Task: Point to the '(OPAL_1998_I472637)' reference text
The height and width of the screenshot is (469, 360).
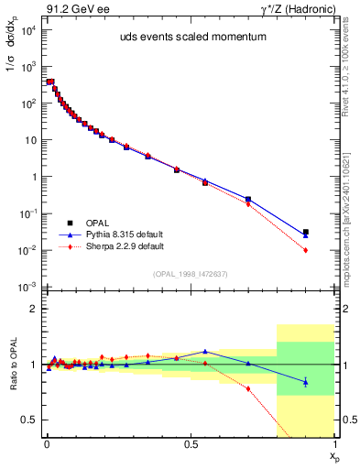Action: coord(191,273)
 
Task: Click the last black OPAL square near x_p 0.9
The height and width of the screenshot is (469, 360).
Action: coord(306,232)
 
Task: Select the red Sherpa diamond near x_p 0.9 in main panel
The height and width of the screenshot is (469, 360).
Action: coord(306,250)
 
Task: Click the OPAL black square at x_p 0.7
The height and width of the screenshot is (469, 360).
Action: coord(248,199)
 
